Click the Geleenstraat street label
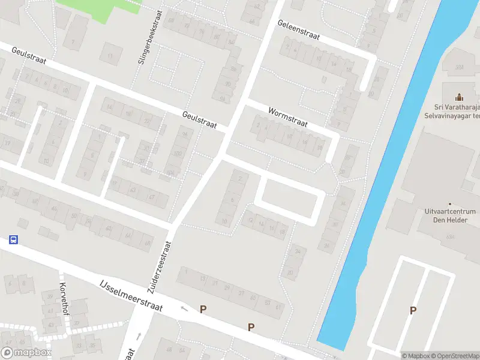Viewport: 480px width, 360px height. tap(298, 31)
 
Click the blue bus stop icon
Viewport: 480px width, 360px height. tap(13, 239)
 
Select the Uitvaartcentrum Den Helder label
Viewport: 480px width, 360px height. tap(455, 215)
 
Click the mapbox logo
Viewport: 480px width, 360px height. tap(26, 353)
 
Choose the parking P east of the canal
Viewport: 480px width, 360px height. tap(412, 310)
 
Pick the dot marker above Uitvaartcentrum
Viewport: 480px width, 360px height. tap(458, 203)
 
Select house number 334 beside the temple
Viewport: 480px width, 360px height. tap(460, 67)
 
